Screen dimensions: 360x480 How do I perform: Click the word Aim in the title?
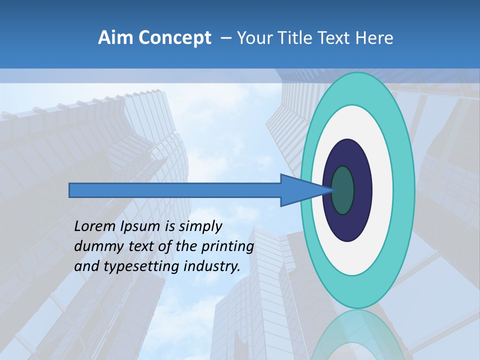[111, 38]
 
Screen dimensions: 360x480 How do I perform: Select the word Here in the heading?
[374, 38]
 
